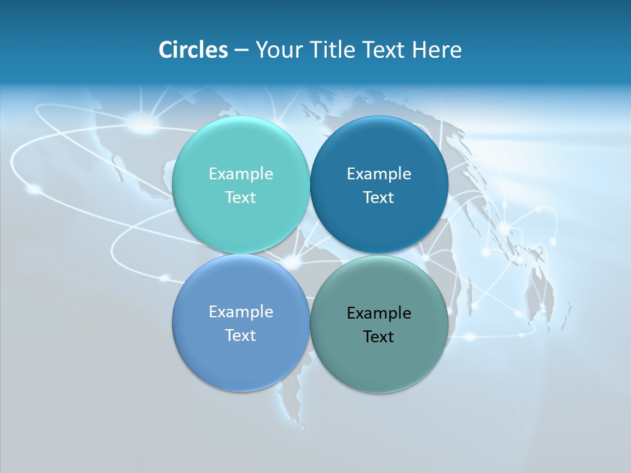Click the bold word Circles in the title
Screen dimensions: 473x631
coord(193,50)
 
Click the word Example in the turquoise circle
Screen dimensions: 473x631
coord(241,174)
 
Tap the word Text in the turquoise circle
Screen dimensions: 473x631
coord(241,198)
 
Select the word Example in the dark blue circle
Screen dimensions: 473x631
coord(379,174)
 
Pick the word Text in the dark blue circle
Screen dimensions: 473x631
coord(379,198)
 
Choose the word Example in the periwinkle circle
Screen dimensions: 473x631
coord(241,312)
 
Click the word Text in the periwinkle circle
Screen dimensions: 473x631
coord(241,336)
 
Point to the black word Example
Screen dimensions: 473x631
coord(379,313)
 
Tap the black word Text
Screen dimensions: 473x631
coord(379,337)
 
